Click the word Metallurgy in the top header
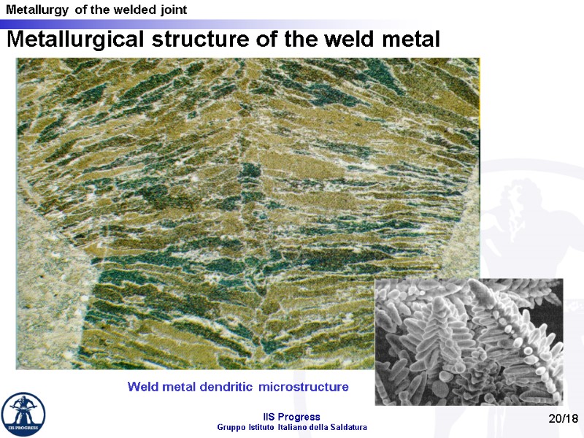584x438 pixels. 34,10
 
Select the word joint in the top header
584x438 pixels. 172,10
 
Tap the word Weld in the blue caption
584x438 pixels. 141,386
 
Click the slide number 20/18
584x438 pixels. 563,418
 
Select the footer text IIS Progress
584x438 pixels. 292,417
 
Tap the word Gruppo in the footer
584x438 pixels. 233,427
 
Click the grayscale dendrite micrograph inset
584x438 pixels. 469,342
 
